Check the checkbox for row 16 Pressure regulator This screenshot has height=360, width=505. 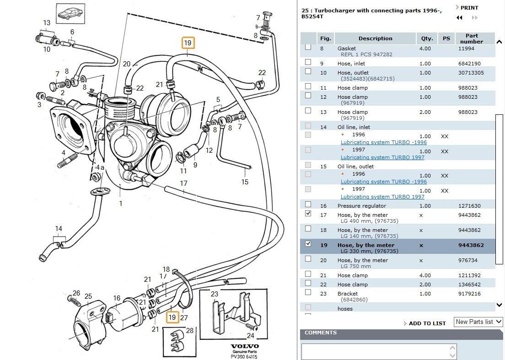[x=308, y=204]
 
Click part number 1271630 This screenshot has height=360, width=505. [x=469, y=206]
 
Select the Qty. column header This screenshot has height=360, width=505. [x=427, y=39]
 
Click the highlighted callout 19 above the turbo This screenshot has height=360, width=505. [x=188, y=43]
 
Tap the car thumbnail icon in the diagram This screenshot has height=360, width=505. [x=70, y=14]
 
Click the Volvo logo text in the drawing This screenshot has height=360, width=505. [x=244, y=346]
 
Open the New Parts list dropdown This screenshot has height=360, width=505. [x=478, y=322]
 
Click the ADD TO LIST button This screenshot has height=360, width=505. [x=427, y=323]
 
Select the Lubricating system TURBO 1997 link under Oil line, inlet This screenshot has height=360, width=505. [x=382, y=157]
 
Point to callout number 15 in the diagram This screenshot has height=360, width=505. [x=245, y=182]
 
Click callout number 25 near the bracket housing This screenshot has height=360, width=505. [x=88, y=296]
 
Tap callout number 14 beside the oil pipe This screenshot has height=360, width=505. [x=59, y=229]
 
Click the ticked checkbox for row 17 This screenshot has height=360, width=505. [x=308, y=214]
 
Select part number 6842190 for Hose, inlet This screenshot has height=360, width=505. [x=469, y=64]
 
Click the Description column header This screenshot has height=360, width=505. [x=375, y=39]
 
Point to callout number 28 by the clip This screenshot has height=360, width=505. [x=189, y=330]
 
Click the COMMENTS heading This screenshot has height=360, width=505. [x=321, y=333]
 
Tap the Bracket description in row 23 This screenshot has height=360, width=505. [x=348, y=294]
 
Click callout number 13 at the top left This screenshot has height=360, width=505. [x=47, y=23]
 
